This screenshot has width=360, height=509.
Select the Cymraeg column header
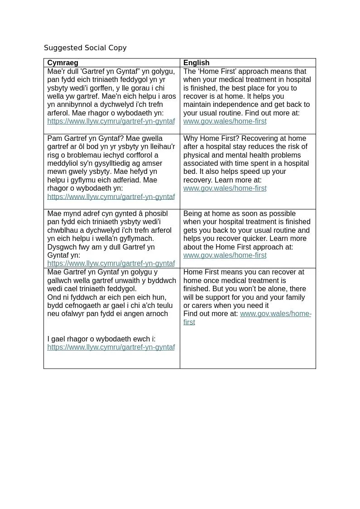point(62,63)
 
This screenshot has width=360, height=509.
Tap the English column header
point(196,63)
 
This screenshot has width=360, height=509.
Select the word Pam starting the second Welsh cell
point(54,139)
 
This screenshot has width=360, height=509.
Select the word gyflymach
point(138,239)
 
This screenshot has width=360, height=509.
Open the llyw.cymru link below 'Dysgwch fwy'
point(111,264)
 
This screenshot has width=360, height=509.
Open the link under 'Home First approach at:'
point(225,255)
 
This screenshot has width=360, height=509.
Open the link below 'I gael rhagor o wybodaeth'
point(111,347)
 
